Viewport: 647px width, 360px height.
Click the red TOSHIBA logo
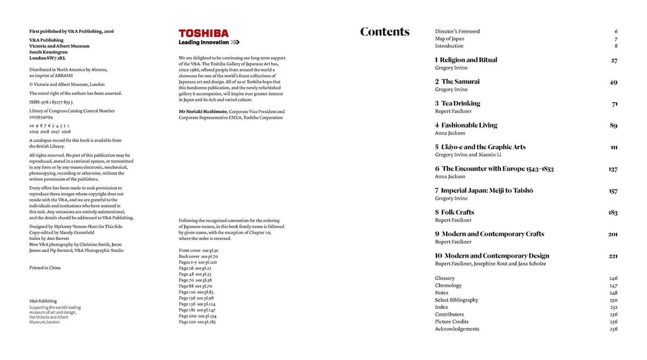coord(203,33)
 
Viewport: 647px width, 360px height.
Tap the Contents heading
coord(384,32)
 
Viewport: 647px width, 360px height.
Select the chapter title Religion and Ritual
coord(468,60)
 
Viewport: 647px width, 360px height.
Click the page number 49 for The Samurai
coord(614,82)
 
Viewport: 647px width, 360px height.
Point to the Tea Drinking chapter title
coord(460,104)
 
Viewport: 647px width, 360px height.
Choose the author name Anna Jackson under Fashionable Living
coord(450,133)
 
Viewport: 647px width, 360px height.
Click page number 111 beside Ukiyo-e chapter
coord(614,147)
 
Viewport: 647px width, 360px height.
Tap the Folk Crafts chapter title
coord(457,212)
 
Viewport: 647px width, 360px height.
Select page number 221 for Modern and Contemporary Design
coord(613,256)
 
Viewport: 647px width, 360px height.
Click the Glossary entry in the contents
coord(445,279)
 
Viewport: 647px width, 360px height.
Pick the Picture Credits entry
coord(451,321)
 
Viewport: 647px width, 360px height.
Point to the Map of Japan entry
coord(449,39)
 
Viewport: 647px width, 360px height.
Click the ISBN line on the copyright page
coord(51,101)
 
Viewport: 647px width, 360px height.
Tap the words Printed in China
coord(45,268)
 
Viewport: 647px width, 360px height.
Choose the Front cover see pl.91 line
coord(198,251)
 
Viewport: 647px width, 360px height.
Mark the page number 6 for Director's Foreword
coord(616,31)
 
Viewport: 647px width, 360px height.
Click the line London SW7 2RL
coord(47,57)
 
